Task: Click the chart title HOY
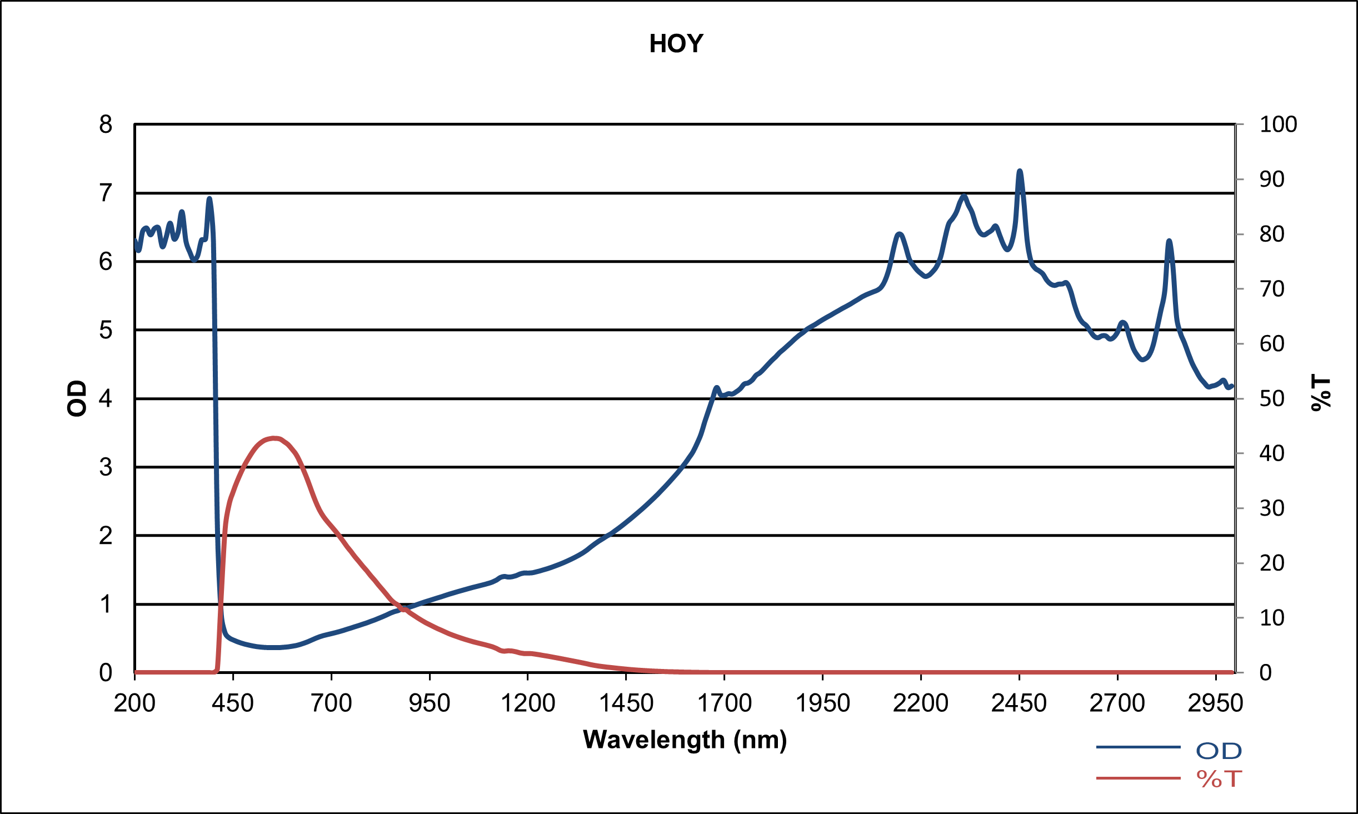pyautogui.click(x=676, y=44)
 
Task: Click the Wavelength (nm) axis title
pyautogui.click(x=685, y=740)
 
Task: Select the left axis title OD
pyautogui.click(x=77, y=398)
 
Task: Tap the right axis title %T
pyautogui.click(x=1321, y=393)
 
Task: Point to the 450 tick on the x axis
pyautogui.click(x=233, y=703)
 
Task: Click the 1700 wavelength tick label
pyautogui.click(x=724, y=703)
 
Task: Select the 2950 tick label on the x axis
pyautogui.click(x=1215, y=703)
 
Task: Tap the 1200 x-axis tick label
pyautogui.click(x=528, y=703)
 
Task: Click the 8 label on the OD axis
pyautogui.click(x=106, y=124)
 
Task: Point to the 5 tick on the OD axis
pyautogui.click(x=106, y=330)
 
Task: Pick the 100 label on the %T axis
pyautogui.click(x=1278, y=124)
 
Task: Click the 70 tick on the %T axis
pyautogui.click(x=1272, y=289)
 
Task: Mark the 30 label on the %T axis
pyautogui.click(x=1272, y=508)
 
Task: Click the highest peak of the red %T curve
pyautogui.click(x=274, y=438)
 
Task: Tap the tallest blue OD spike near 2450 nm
pyautogui.click(x=1020, y=171)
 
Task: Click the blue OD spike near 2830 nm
pyautogui.click(x=1169, y=241)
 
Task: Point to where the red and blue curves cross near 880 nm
pyautogui.click(x=402, y=608)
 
